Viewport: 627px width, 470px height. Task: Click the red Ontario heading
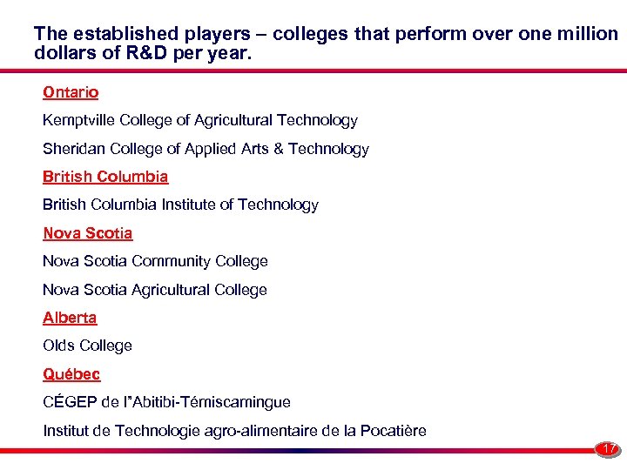pos(71,92)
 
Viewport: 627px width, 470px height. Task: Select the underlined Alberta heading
pos(70,318)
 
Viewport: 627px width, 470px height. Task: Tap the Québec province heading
pos(71,374)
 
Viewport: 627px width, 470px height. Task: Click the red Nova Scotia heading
pos(88,233)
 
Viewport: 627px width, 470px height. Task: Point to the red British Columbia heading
pos(105,177)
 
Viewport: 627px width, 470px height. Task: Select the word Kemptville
pos(78,121)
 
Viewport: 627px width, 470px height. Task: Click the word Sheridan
pos(72,149)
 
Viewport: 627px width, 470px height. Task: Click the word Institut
pos(65,431)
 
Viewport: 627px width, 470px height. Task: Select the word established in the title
pos(127,34)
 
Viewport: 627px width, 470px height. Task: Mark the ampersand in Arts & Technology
pos(279,149)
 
